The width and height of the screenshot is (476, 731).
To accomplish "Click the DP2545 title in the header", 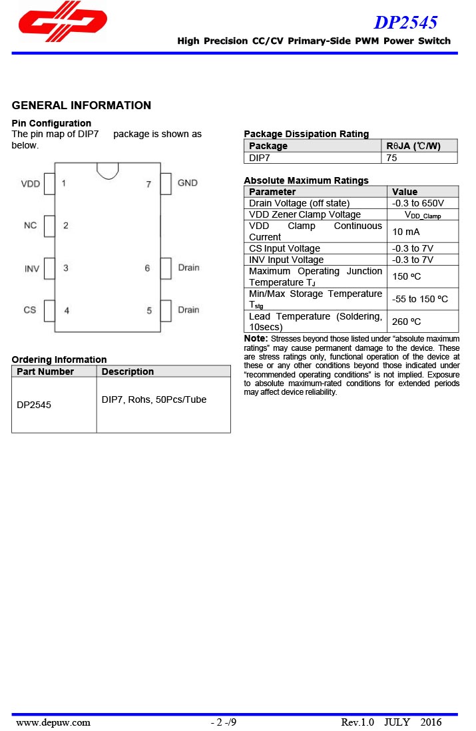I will pyautogui.click(x=405, y=23).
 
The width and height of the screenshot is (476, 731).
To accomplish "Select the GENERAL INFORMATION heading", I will pyautogui.click(x=81, y=105).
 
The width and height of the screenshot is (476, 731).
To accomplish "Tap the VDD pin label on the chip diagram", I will pyautogui.click(x=31, y=184).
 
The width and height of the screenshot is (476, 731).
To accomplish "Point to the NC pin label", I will pyautogui.click(x=31, y=226).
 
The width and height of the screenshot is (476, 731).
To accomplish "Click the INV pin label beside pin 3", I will pyautogui.click(x=31, y=268).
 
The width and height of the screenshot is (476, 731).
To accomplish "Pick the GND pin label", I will pyautogui.click(x=188, y=183).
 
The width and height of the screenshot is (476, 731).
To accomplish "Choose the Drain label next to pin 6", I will pyautogui.click(x=188, y=268).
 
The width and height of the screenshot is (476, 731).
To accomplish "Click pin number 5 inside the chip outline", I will pyautogui.click(x=149, y=310).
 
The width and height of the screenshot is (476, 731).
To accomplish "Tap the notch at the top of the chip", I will pyautogui.click(x=108, y=170).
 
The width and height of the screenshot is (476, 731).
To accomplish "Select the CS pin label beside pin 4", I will pyautogui.click(x=30, y=310).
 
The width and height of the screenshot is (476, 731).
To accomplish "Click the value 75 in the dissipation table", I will pyautogui.click(x=392, y=158).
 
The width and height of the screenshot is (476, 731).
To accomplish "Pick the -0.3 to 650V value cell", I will pyautogui.click(x=418, y=203).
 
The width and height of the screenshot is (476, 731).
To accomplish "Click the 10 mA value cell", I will pyautogui.click(x=406, y=232).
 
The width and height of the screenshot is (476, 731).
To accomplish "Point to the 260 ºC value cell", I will pyautogui.click(x=407, y=322).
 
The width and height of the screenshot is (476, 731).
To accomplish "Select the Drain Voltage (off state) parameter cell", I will pyautogui.click(x=299, y=203).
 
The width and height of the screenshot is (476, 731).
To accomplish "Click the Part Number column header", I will pyautogui.click(x=45, y=371).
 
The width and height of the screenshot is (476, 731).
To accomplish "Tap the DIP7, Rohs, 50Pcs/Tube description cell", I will pyautogui.click(x=154, y=399).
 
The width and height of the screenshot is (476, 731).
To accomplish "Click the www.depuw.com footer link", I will pyautogui.click(x=53, y=722).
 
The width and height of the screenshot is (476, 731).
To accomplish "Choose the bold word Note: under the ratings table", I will pyautogui.click(x=256, y=339).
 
